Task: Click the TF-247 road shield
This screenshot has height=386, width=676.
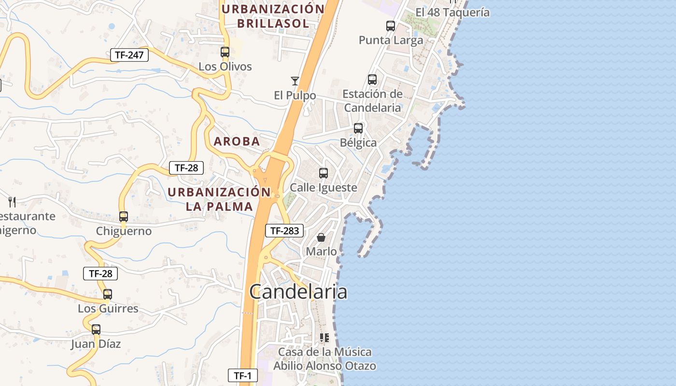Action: tap(129, 55)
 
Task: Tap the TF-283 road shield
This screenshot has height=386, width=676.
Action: tap(284, 231)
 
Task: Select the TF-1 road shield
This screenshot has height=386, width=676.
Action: tap(243, 375)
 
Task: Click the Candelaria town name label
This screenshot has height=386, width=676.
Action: tap(298, 292)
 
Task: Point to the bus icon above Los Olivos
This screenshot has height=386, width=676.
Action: tap(225, 52)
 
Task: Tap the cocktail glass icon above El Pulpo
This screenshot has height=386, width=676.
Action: tap(295, 81)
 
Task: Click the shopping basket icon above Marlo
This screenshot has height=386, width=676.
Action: tap(321, 237)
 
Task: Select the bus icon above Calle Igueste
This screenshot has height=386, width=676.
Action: tap(324, 173)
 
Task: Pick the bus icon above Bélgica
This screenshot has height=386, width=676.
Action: tap(358, 128)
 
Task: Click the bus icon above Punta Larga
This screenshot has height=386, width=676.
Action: tap(391, 26)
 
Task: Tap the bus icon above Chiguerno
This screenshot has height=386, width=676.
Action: tap(124, 217)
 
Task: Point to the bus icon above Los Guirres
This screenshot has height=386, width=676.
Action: tap(108, 294)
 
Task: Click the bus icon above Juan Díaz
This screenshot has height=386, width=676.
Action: tap(96, 330)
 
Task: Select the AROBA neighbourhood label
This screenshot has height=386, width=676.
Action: tap(237, 141)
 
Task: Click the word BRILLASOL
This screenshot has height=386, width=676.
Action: tap(273, 23)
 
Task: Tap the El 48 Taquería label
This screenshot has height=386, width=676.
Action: tap(452, 13)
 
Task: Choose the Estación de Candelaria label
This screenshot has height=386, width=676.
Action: tap(372, 101)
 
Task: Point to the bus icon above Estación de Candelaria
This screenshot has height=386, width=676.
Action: tap(372, 80)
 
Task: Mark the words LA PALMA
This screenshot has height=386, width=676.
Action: tap(219, 207)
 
